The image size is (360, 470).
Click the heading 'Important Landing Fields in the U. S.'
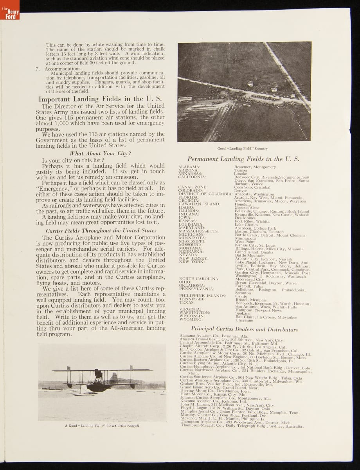coord(100,99)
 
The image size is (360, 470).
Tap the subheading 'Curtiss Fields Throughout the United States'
coord(101,231)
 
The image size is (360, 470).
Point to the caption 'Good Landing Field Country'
coord(243,148)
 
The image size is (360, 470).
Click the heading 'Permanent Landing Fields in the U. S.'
coord(243,159)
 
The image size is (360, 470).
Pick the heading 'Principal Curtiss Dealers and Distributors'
coord(244,329)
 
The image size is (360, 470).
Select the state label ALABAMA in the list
coord(189,167)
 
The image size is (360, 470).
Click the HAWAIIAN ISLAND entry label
coord(199,204)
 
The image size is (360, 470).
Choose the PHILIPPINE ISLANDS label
coord(202,296)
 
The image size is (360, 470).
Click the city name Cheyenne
coord(244,320)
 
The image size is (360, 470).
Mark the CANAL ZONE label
coord(193,187)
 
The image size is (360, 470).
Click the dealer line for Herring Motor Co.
coord(215,391)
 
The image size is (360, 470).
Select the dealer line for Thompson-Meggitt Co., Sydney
coord(241,425)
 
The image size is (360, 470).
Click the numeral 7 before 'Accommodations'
coord(38,69)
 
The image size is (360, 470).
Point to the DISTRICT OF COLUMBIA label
coord(205,194)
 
